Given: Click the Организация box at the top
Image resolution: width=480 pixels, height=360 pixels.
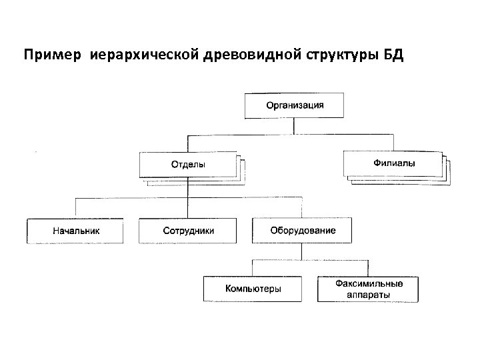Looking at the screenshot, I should pos(295,105).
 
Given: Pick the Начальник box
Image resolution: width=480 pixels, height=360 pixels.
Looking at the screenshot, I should pos(75,231).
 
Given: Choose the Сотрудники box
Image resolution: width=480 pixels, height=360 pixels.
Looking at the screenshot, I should pos(188,231).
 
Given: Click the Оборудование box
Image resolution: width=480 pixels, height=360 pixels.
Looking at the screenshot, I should pos(303,231).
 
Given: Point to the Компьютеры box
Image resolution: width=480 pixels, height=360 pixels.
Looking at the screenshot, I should pos(253,289).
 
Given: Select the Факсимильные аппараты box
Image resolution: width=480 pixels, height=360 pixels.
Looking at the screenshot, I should pos(368,289).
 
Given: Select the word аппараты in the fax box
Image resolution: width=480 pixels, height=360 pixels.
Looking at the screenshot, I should pos(368,294).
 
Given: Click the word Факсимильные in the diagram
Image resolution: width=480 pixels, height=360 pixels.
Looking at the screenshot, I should pos(368,283).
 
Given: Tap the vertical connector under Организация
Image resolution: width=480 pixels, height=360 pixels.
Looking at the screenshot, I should pos(295,127).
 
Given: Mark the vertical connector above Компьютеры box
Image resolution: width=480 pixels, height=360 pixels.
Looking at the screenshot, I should pos(253,268).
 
